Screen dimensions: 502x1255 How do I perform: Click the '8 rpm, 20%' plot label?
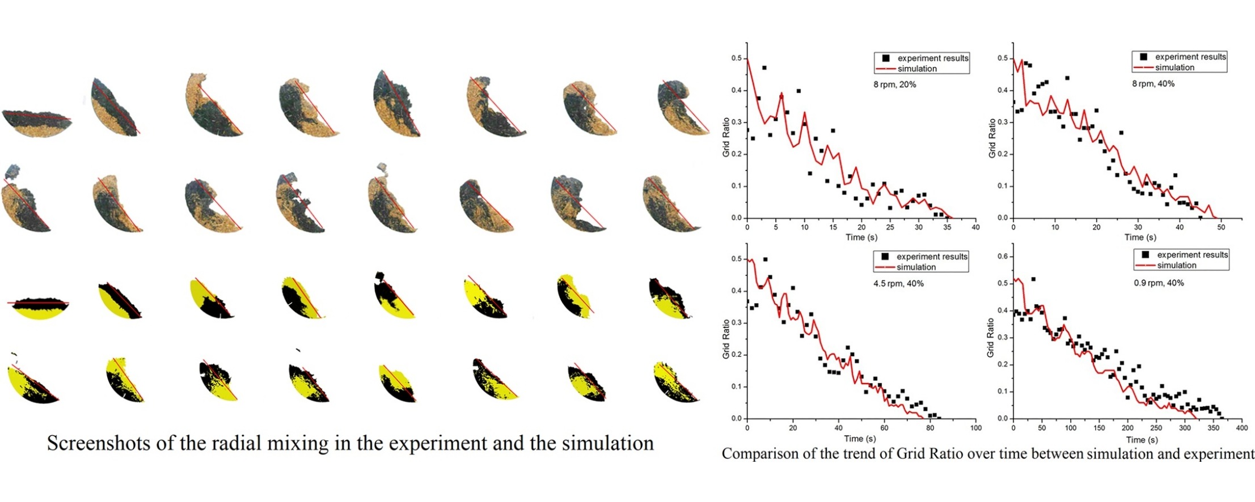pyautogui.click(x=894, y=84)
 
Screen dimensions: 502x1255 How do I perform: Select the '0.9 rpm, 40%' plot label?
pyautogui.click(x=1159, y=283)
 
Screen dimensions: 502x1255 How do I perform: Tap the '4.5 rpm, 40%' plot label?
pyautogui.click(x=898, y=283)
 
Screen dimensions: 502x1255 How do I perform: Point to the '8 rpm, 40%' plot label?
pyautogui.click(x=1153, y=84)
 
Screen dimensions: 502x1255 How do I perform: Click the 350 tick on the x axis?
pyautogui.click(x=1213, y=428)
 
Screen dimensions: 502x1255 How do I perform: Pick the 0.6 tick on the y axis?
pyautogui.click(x=1002, y=257)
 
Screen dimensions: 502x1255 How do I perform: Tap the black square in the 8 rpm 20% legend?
pyautogui.click(x=886, y=58)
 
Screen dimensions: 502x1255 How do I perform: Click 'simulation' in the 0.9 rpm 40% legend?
pyautogui.click(x=1177, y=265)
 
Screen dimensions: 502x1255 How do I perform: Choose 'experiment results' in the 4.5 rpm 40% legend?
pyautogui.click(x=932, y=257)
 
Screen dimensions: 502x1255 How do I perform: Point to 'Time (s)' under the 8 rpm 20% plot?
pyautogui.click(x=861, y=237)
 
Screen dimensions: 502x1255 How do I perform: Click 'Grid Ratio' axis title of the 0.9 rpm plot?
pyautogui.click(x=991, y=337)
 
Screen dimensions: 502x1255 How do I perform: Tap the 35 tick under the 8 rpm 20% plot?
pyautogui.click(x=947, y=227)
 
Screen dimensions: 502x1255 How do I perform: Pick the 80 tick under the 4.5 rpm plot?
pyautogui.click(x=930, y=428)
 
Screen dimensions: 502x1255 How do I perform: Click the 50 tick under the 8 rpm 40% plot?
pyautogui.click(x=1221, y=227)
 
